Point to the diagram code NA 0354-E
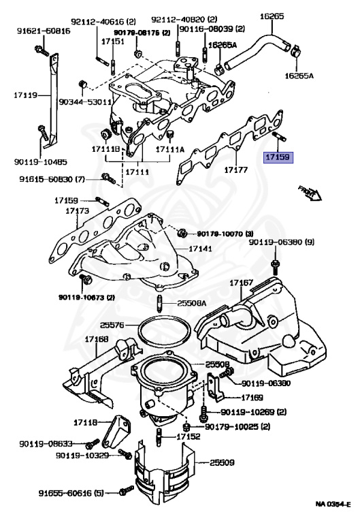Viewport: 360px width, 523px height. (x=332, y=504)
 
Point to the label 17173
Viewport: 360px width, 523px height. (x=78, y=211)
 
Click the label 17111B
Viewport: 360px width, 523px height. (x=107, y=149)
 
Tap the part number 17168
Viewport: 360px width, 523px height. (x=96, y=339)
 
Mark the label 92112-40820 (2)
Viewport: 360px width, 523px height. (x=176, y=19)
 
